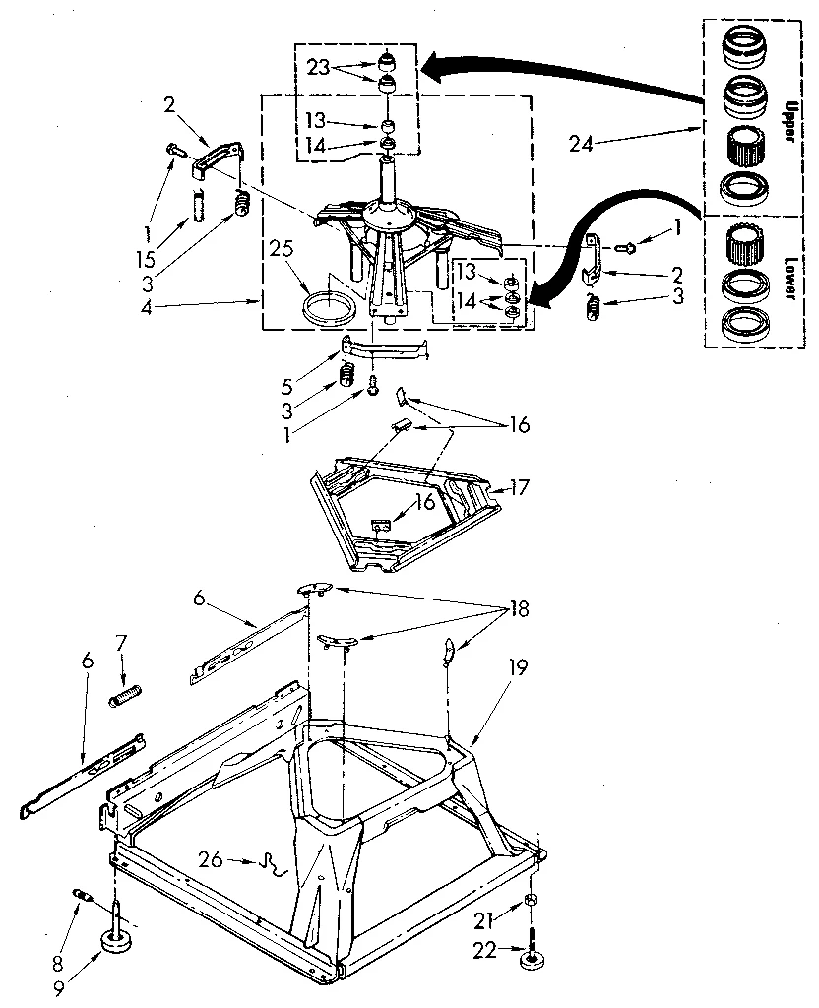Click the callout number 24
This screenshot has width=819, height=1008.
pyautogui.click(x=581, y=143)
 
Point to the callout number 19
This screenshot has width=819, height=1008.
pyautogui.click(x=519, y=667)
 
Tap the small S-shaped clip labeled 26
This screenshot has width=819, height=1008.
pyautogui.click(x=267, y=864)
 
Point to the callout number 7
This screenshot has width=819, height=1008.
pyautogui.click(x=122, y=643)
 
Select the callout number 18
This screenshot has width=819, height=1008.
pyautogui.click(x=517, y=609)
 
